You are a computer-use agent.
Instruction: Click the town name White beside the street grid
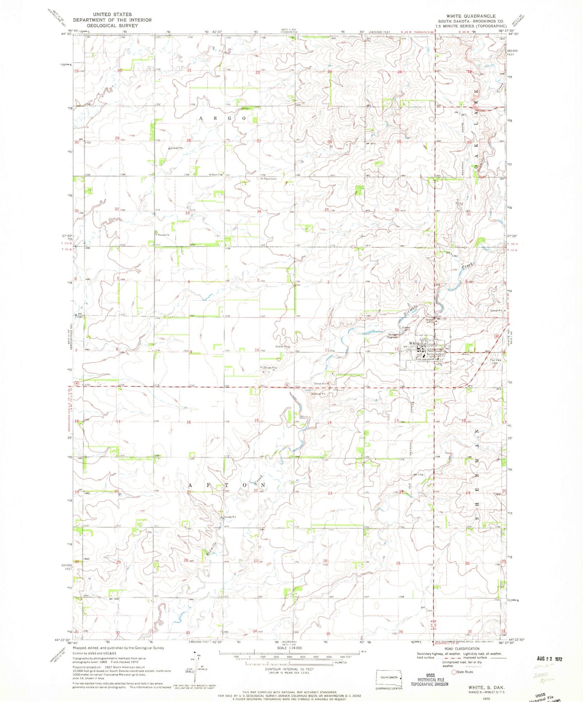(x=411, y=343)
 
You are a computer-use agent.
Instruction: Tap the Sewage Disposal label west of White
(x=394, y=336)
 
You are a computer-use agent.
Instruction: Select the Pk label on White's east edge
(x=447, y=349)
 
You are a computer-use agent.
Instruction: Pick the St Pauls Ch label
(x=215, y=174)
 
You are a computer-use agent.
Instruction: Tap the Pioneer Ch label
(x=163, y=235)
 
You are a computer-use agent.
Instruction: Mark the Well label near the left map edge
(x=86, y=559)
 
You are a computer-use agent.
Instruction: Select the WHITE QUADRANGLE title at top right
(x=470, y=16)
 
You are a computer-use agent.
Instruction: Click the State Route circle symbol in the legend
(x=454, y=672)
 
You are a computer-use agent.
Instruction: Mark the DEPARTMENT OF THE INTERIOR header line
(x=112, y=20)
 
